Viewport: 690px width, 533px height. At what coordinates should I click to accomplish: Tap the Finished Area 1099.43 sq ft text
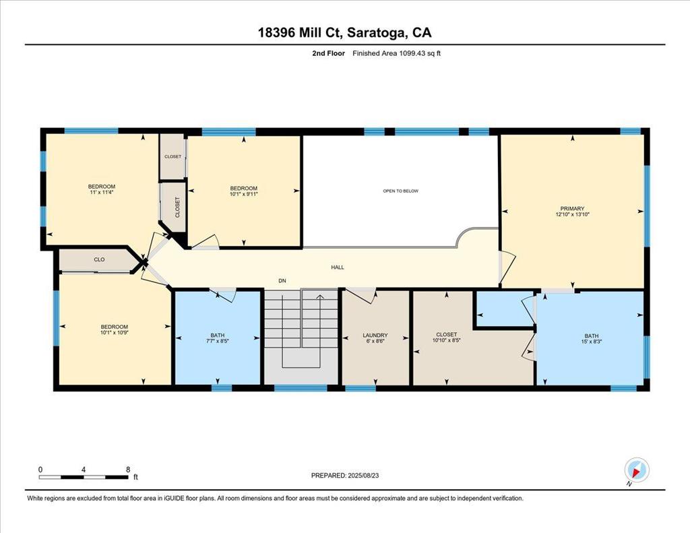[396, 53]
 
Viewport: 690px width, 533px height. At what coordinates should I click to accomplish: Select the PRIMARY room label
[572, 208]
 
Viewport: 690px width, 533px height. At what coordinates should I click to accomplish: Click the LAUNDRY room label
[375, 335]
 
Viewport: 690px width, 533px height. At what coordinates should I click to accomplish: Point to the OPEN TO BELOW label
[400, 191]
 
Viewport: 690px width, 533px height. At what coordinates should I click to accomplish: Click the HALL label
[338, 267]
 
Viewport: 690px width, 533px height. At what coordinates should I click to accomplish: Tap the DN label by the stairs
[282, 281]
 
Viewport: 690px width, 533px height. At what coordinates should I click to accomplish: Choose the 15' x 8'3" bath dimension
[592, 342]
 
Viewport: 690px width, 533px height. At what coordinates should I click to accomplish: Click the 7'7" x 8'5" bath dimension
[218, 341]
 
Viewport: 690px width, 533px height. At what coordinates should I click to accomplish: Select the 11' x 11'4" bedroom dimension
[102, 192]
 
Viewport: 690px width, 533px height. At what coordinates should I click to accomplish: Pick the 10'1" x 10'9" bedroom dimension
[115, 333]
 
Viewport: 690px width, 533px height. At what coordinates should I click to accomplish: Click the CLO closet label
[100, 259]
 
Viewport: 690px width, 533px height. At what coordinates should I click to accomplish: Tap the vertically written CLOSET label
[177, 207]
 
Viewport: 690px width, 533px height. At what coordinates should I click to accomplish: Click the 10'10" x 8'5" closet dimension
[446, 340]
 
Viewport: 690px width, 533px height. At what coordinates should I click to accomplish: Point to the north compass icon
[637, 470]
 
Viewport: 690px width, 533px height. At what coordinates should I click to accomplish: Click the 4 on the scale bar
[83, 470]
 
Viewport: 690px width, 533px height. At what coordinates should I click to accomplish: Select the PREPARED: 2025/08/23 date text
[345, 475]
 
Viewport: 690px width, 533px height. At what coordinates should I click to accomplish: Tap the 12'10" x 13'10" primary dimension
[572, 214]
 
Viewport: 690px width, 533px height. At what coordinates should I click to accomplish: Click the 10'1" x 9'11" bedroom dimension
[244, 193]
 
